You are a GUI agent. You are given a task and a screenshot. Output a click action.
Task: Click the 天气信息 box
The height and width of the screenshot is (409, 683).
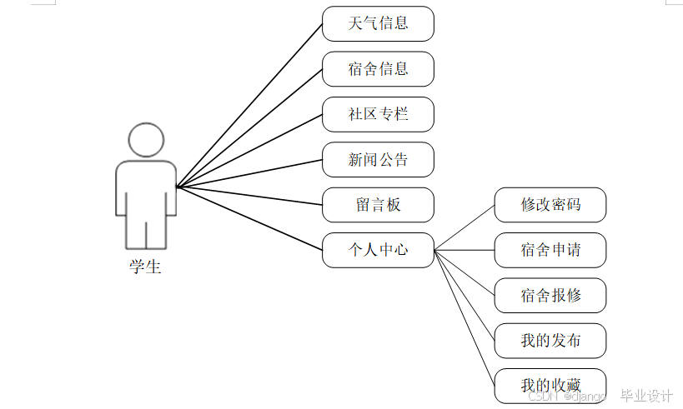click(x=378, y=23)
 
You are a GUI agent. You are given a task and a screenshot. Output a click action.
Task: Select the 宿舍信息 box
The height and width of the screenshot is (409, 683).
click(x=378, y=68)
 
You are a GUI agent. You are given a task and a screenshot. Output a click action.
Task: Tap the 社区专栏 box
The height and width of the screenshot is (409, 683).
click(x=378, y=114)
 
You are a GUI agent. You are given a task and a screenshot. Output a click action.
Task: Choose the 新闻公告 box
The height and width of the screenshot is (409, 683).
click(x=378, y=159)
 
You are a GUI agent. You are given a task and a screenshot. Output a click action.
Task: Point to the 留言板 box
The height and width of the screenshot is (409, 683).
click(x=378, y=205)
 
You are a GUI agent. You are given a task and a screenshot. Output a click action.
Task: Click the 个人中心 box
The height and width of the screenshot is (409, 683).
click(x=378, y=250)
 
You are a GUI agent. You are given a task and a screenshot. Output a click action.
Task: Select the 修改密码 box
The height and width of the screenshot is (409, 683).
click(x=550, y=205)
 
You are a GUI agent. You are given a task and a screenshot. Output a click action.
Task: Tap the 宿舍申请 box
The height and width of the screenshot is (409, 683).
click(x=550, y=250)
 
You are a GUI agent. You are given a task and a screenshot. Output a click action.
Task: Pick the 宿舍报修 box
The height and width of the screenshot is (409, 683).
click(x=550, y=295)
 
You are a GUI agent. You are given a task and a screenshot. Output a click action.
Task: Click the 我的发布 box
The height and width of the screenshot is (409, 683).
click(x=550, y=341)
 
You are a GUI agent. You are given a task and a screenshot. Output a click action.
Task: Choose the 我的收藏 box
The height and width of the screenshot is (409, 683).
click(x=550, y=386)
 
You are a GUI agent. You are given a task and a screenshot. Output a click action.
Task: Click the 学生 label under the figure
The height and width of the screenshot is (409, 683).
click(x=145, y=267)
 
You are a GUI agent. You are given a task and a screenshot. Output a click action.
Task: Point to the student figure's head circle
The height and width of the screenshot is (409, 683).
click(x=146, y=140)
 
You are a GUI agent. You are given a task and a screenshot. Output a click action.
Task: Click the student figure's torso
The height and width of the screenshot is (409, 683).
click(x=146, y=187)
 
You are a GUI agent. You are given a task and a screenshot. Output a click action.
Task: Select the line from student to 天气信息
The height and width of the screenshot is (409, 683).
click(x=249, y=105)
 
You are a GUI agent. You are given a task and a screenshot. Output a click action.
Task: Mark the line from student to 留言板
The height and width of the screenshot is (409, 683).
click(x=249, y=197)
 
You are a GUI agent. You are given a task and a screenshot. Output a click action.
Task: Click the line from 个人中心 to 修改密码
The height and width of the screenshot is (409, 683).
click(x=465, y=227)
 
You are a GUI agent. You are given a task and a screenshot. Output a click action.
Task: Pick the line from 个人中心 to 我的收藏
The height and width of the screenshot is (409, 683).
click(x=465, y=317)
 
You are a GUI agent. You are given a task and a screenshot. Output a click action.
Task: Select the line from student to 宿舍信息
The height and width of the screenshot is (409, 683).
click(x=249, y=128)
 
